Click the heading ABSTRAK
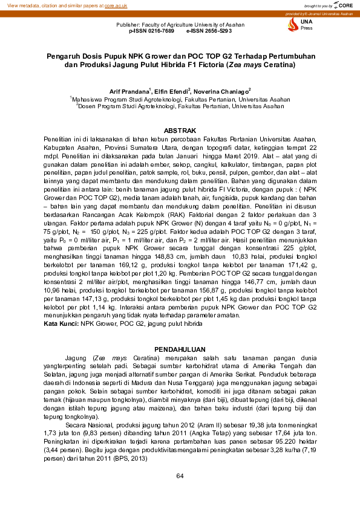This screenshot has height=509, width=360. [180, 131]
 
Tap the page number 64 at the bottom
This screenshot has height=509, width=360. [180, 476]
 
